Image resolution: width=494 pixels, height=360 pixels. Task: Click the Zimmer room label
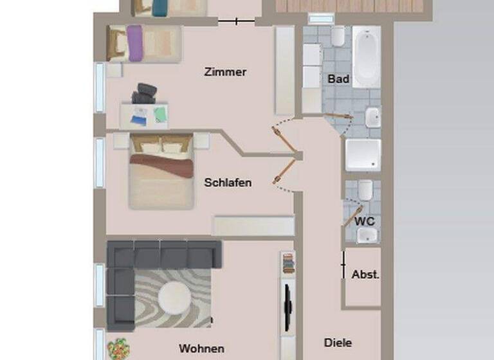(x=225, y=72)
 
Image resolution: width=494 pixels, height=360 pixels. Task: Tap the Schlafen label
(x=228, y=183)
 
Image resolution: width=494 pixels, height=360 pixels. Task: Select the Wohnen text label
(x=201, y=348)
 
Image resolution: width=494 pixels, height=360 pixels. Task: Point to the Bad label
(x=338, y=79)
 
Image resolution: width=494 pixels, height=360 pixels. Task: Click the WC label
(x=364, y=221)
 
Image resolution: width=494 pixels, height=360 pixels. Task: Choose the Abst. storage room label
(x=365, y=274)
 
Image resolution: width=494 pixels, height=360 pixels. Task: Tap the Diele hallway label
(x=338, y=343)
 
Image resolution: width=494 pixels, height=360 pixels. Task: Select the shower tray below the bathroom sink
(x=363, y=155)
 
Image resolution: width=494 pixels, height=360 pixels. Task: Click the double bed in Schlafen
(x=161, y=172)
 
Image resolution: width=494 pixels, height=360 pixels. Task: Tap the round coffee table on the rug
(x=174, y=297)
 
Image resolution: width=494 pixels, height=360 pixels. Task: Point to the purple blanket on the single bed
(x=134, y=42)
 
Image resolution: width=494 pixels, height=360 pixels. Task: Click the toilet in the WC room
(x=365, y=190)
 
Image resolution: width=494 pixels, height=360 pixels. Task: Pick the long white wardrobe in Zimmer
(x=284, y=71)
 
